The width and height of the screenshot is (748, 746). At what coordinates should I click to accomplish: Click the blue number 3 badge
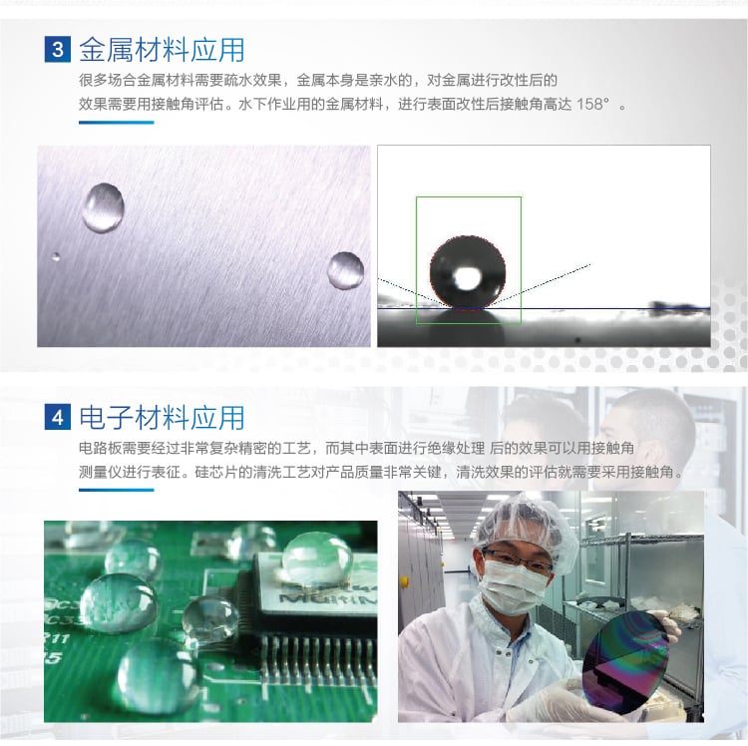point(58,49)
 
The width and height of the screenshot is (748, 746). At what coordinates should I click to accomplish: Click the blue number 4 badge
point(58,417)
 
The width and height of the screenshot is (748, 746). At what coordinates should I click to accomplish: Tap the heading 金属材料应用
point(162,50)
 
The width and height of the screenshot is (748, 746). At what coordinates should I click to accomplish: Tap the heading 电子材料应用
point(162,417)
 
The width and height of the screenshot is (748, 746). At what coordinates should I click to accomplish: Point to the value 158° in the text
point(593,104)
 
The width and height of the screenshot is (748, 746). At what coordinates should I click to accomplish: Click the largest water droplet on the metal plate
point(103,208)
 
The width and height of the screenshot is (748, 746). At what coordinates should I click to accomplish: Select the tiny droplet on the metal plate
point(56,257)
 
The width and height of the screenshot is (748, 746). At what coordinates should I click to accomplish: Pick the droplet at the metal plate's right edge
point(346,270)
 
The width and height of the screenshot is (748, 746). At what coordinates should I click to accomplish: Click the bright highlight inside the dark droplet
point(466,277)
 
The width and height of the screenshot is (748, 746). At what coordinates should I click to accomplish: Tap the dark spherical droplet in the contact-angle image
point(468,272)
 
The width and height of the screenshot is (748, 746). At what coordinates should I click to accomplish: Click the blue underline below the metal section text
point(117,123)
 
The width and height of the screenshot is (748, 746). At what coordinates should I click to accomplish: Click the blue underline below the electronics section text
point(117,490)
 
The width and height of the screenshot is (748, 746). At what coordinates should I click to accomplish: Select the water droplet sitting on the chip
point(318,559)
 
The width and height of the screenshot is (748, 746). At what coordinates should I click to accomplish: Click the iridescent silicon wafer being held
point(626,661)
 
